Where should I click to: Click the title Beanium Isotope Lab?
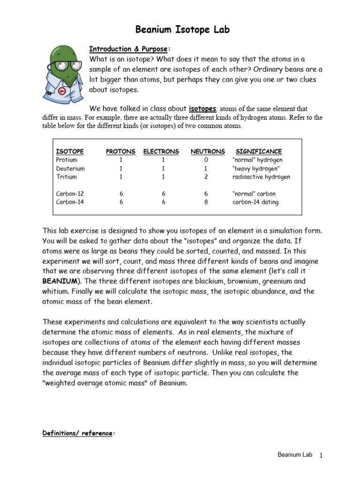pos(182,30)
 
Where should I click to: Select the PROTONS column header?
pos(120,151)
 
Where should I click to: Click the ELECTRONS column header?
pos(161,151)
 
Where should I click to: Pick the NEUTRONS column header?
pos(208,151)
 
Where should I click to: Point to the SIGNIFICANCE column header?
pos(259,151)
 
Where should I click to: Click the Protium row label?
pos(66,160)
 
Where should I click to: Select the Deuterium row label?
pos(70,168)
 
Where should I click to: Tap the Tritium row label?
pos(66,177)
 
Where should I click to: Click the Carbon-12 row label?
pos(70,194)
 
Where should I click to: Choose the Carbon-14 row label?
pos(70,202)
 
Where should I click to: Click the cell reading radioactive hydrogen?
pos(261,177)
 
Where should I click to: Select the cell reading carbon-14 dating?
pos(255,202)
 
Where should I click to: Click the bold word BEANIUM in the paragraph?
pos(60,281)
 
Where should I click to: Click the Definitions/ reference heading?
pos(77,434)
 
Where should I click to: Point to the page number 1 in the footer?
pos(321,455)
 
